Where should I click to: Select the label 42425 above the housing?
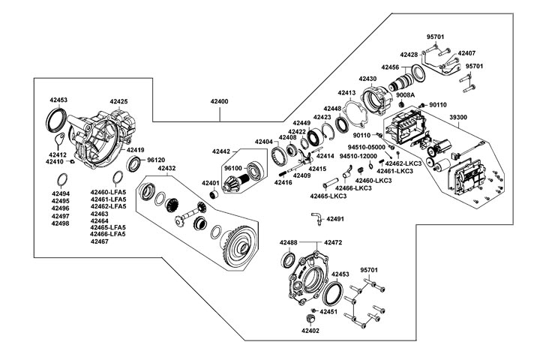(118, 100)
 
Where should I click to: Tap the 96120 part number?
(155, 160)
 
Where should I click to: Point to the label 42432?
(166, 169)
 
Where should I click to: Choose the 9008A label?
(406, 95)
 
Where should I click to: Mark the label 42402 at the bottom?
(310, 330)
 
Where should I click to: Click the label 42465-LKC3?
(328, 196)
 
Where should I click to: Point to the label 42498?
(61, 223)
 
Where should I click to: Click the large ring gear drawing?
(240, 243)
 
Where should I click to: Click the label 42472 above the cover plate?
(333, 242)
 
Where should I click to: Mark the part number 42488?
(289, 242)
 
